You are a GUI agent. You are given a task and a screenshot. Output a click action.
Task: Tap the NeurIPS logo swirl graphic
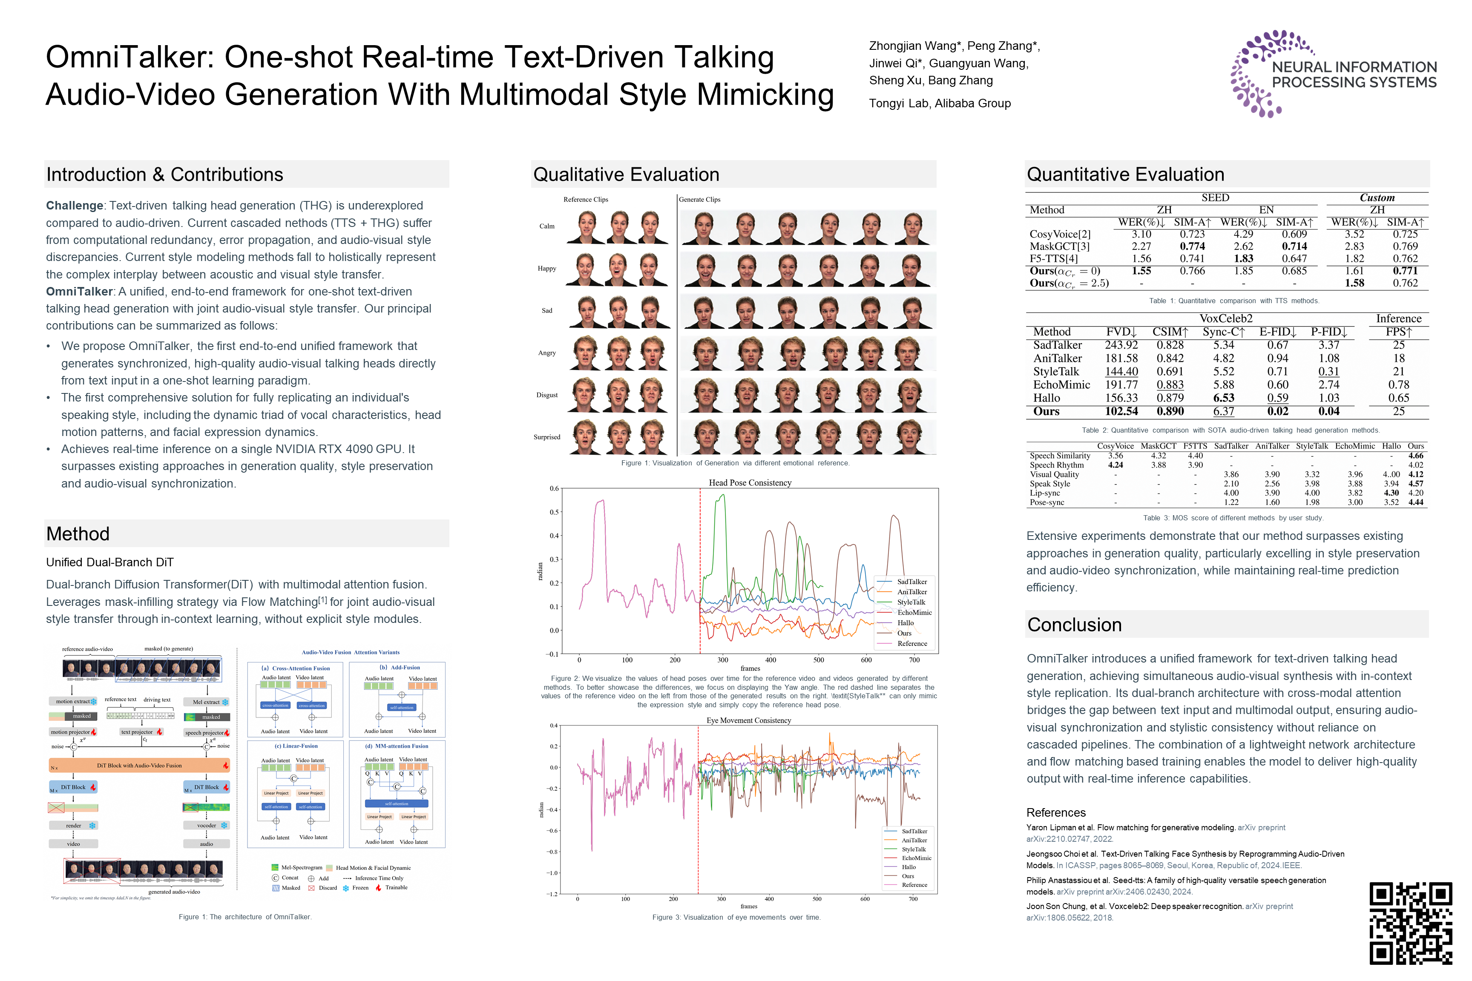pyautogui.click(x=1258, y=74)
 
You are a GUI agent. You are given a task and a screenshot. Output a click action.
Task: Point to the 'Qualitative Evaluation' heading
pyautogui.click(x=626, y=175)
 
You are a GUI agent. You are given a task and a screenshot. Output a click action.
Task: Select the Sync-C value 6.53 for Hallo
pyautogui.click(x=1224, y=398)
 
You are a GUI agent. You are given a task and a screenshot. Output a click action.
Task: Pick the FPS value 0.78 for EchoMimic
pyautogui.click(x=1398, y=385)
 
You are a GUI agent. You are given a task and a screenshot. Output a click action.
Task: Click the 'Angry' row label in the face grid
pyautogui.click(x=546, y=353)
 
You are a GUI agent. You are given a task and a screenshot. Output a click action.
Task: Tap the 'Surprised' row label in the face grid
pyautogui.click(x=546, y=437)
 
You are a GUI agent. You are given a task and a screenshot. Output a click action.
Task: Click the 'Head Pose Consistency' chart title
pyautogui.click(x=750, y=482)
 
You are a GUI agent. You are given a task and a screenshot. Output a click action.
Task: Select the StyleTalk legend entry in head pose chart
pyautogui.click(x=911, y=602)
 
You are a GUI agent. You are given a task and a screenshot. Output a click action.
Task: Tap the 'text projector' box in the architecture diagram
pyautogui.click(x=137, y=732)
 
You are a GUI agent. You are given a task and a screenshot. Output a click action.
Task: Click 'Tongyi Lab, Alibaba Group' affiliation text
pyautogui.click(x=940, y=103)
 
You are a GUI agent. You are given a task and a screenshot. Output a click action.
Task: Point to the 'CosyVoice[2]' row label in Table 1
pyautogui.click(x=1060, y=234)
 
